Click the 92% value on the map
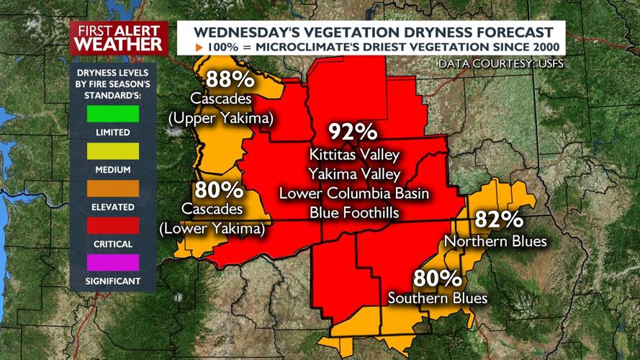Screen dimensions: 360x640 (x=353, y=132)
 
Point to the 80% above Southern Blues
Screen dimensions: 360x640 (x=437, y=278)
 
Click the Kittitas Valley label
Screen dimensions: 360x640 (x=353, y=155)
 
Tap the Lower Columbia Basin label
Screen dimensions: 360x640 (x=353, y=194)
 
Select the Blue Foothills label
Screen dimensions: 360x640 (x=353, y=213)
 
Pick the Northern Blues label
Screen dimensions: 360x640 (x=496, y=241)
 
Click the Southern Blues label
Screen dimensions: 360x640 (x=437, y=298)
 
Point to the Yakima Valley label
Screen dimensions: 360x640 (x=353, y=174)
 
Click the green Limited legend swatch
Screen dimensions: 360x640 (x=113, y=114)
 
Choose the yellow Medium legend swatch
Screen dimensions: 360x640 (x=113, y=151)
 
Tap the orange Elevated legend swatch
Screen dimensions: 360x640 (x=113, y=189)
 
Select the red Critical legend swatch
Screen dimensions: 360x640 (x=113, y=226)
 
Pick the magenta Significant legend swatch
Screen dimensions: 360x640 (x=113, y=263)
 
